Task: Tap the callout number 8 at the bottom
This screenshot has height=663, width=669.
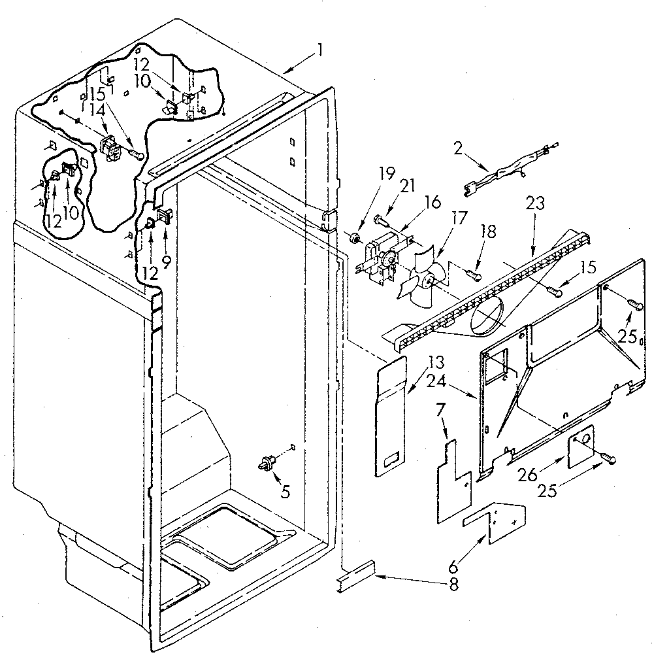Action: tap(453, 585)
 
